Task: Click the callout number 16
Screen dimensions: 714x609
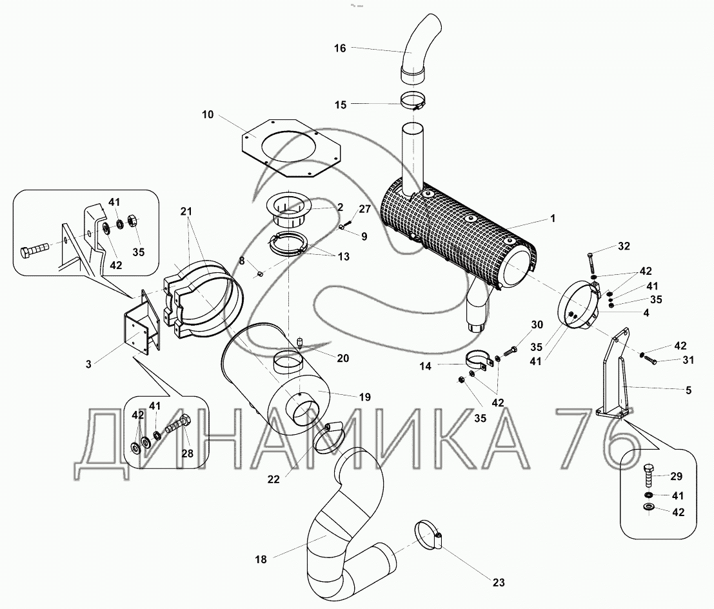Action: pyautogui.click(x=340, y=48)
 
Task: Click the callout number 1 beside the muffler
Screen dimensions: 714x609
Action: pyautogui.click(x=552, y=219)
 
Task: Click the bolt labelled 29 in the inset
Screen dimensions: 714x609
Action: pyautogui.click(x=648, y=476)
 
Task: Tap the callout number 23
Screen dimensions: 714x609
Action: pyautogui.click(x=499, y=582)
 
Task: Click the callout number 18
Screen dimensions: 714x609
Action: pyautogui.click(x=261, y=559)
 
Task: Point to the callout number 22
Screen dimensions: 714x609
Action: pyautogui.click(x=273, y=479)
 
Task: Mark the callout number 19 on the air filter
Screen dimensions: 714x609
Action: pyautogui.click(x=365, y=397)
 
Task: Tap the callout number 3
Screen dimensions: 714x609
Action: pyautogui.click(x=88, y=364)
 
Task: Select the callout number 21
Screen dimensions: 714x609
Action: pyautogui.click(x=186, y=211)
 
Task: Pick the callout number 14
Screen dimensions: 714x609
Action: pyautogui.click(x=425, y=366)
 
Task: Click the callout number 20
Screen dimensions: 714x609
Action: pyautogui.click(x=343, y=358)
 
